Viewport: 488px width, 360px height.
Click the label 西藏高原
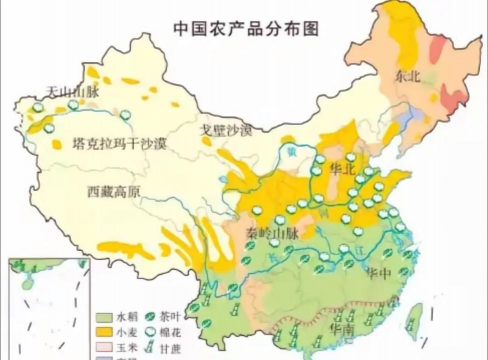point(115,190)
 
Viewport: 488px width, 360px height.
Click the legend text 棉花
point(176,331)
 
